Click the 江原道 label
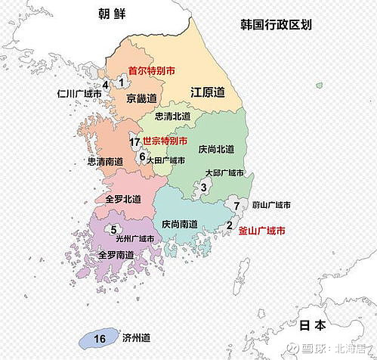[x=208, y=92]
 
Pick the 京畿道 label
[x=142, y=98]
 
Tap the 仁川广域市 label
[x=82, y=95]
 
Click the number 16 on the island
[x=100, y=340]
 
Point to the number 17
[x=134, y=141]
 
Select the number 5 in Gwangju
[x=113, y=230]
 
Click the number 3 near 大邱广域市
[x=203, y=188]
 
